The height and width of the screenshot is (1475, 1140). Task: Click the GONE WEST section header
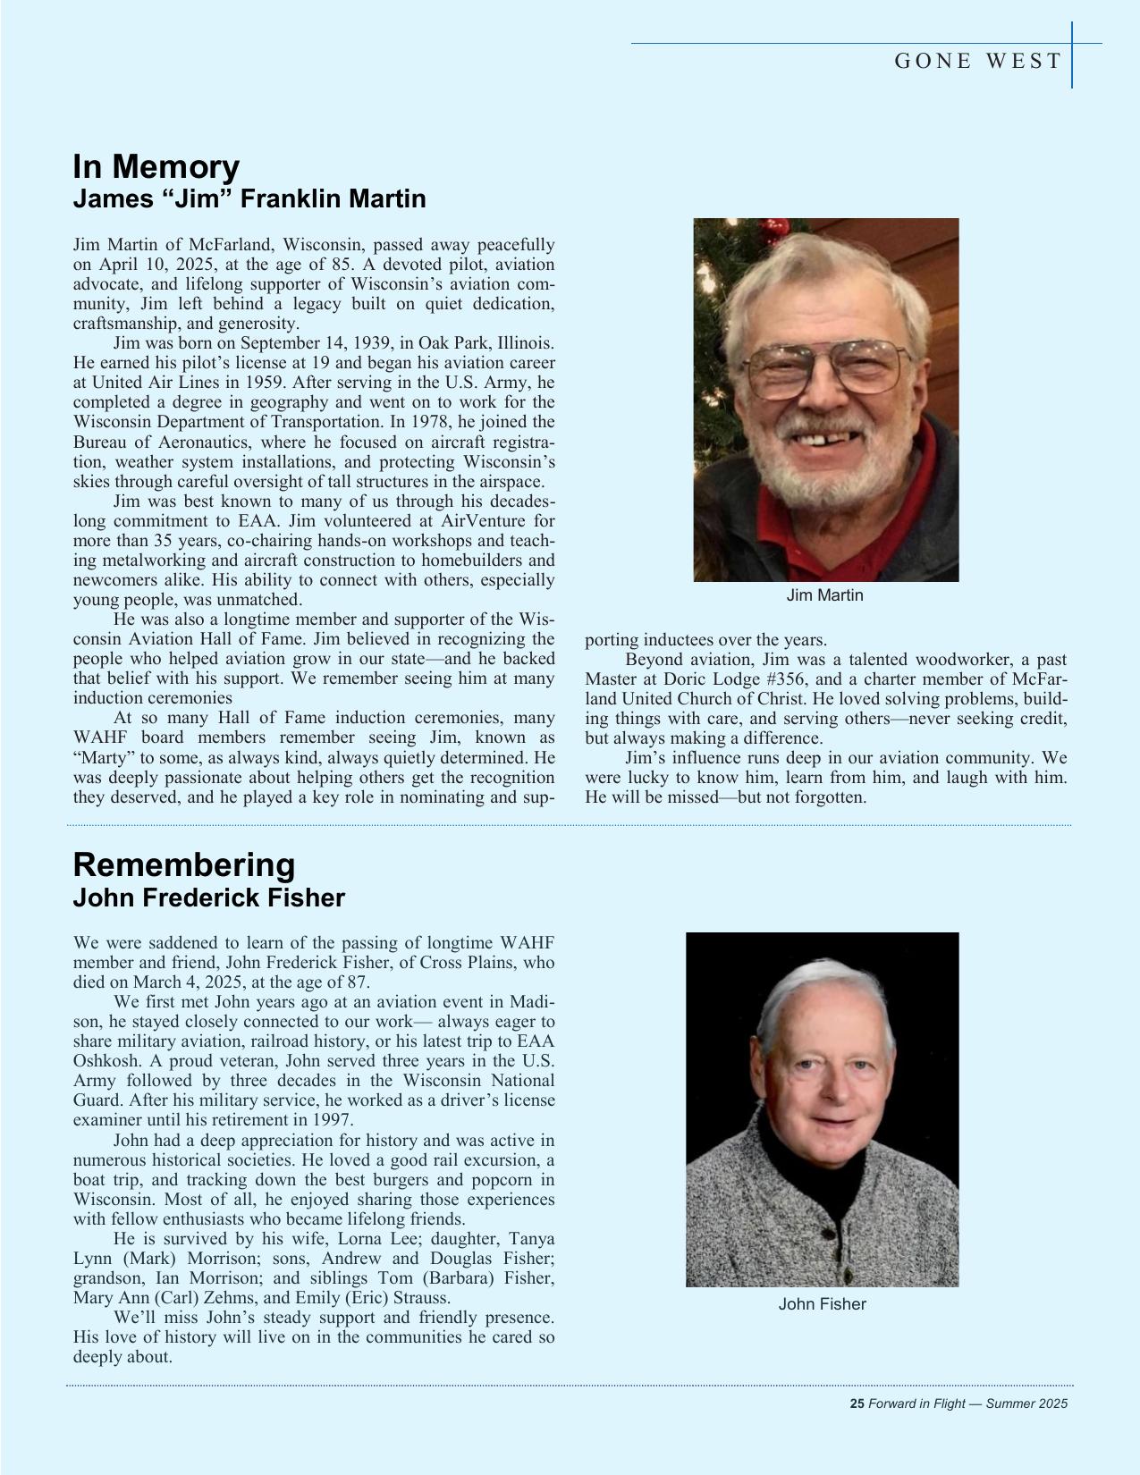pyautogui.click(x=977, y=61)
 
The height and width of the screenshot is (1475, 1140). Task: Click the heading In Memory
pyautogui.click(x=156, y=167)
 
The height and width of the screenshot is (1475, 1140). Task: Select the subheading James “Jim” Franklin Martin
pyautogui.click(x=249, y=198)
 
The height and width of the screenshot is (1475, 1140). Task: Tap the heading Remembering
pyautogui.click(x=183, y=864)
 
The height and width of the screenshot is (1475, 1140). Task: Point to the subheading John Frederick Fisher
pyautogui.click(x=208, y=898)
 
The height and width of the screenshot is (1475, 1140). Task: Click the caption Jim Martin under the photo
pyautogui.click(x=824, y=595)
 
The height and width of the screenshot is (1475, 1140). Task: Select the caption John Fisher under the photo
pyautogui.click(x=822, y=1304)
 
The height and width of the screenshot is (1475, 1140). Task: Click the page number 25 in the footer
pyautogui.click(x=856, y=1403)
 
